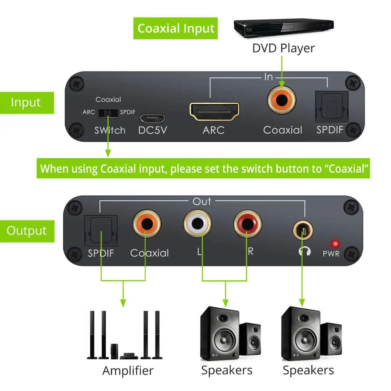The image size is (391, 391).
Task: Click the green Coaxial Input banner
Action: click(176, 29)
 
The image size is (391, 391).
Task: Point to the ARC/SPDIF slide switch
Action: click(108, 113)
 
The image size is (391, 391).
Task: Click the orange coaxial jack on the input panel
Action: click(281, 100)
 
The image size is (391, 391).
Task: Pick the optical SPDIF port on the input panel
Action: click(331, 106)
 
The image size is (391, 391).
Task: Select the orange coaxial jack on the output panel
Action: click(146, 224)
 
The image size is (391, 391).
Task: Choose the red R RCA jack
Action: click(247, 224)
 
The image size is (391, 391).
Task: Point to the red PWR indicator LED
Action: click(334, 243)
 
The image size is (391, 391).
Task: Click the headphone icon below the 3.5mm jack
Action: click(303, 251)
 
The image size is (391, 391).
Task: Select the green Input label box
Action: click(26, 102)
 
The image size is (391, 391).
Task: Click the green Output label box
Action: click(27, 230)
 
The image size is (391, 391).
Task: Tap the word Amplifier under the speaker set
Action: click(128, 370)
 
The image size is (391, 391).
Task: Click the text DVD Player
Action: click(283, 48)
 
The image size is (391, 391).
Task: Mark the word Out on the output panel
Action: click(202, 201)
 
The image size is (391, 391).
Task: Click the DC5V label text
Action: click(152, 130)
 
